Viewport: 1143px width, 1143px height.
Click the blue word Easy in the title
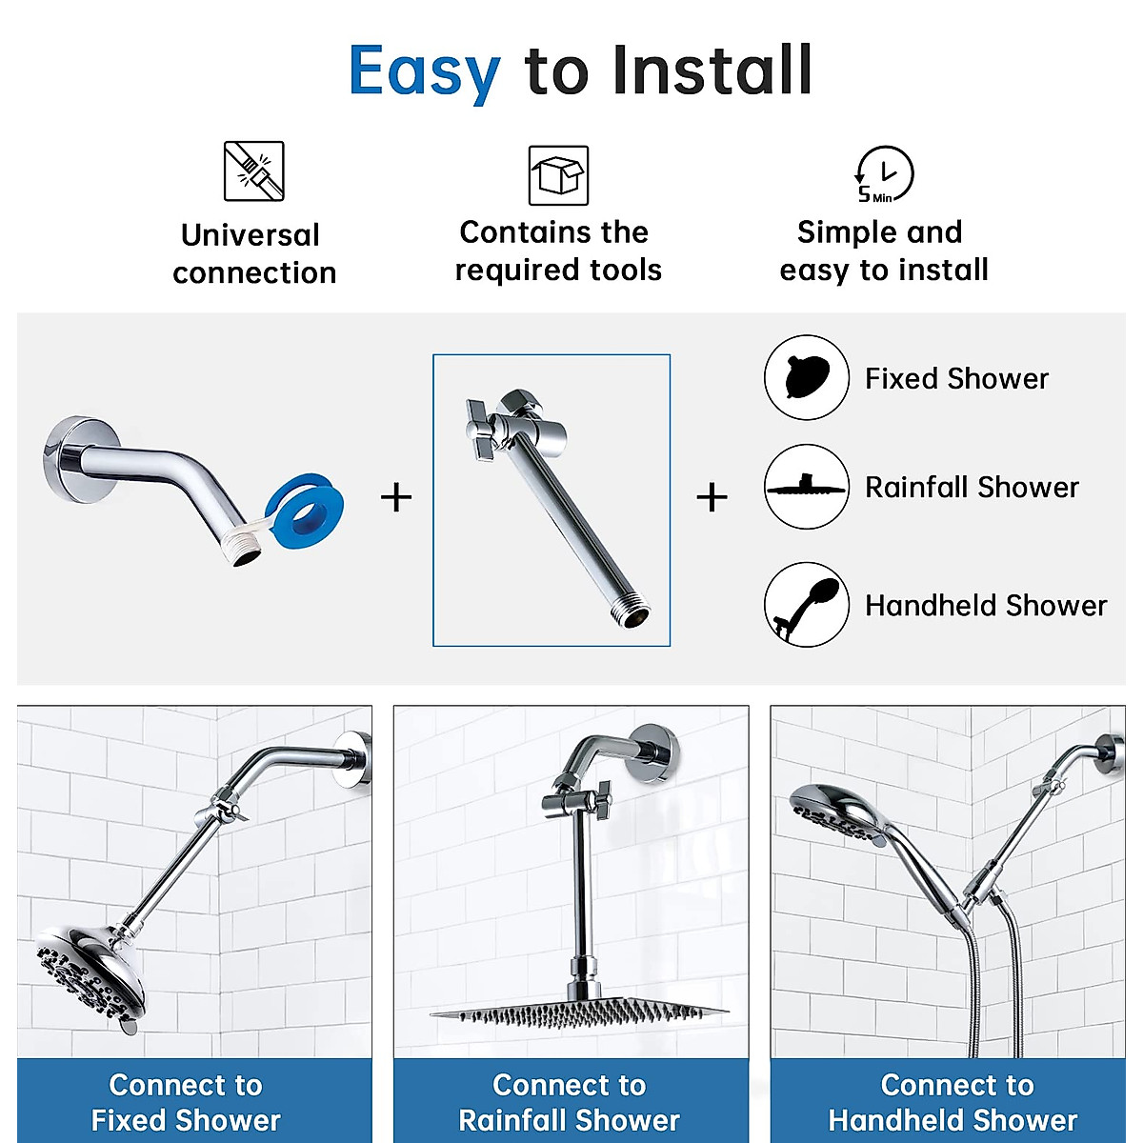(x=424, y=71)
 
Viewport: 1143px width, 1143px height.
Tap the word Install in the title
(x=712, y=70)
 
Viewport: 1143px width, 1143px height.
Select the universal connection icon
(x=254, y=171)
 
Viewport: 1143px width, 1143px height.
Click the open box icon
(x=558, y=175)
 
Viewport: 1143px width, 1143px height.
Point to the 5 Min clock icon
(x=884, y=175)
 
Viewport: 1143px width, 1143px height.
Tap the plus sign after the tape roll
(x=396, y=497)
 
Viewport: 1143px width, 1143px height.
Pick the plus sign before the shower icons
(x=712, y=497)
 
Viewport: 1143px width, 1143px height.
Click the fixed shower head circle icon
(x=806, y=377)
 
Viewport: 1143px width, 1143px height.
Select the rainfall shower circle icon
(x=806, y=487)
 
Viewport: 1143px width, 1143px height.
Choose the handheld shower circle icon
(x=806, y=605)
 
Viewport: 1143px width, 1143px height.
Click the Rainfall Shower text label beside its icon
(x=972, y=488)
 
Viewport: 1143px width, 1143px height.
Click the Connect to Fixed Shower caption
(x=186, y=1102)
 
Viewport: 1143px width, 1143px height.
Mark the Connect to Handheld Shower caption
(x=953, y=1102)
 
